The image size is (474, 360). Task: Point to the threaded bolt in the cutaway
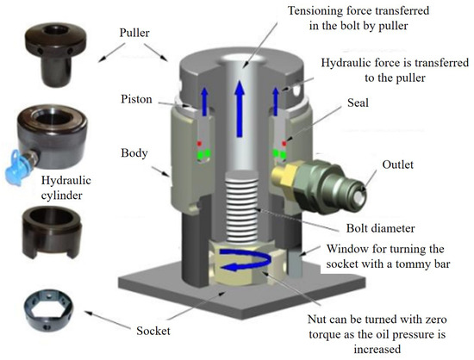click(x=237, y=204)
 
